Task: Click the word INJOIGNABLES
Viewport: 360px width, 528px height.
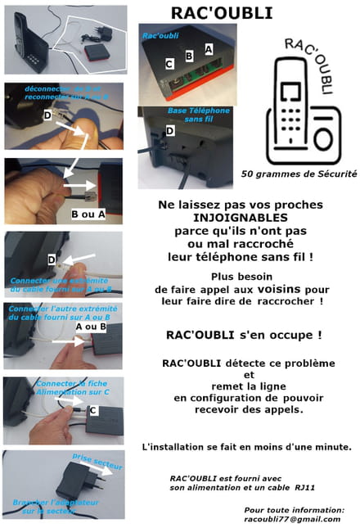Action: pos(241,219)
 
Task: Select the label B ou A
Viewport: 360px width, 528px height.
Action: pos(87,215)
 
